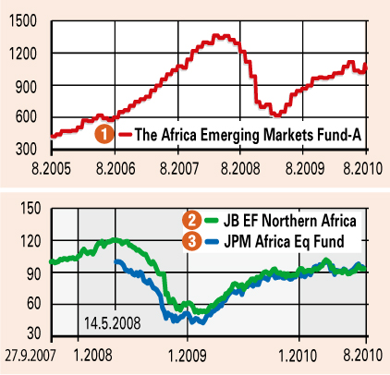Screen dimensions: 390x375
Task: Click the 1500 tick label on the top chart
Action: tap(22, 21)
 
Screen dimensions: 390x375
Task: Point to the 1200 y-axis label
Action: tap(22, 54)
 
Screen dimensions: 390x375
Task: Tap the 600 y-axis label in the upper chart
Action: tap(26, 117)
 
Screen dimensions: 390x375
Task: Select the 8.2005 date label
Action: tap(51, 169)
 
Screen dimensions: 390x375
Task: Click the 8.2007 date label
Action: tap(179, 169)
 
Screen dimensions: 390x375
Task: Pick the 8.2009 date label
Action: tap(305, 169)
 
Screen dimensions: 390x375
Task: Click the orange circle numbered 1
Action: tap(104, 134)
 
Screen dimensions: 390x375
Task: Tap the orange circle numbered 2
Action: tap(191, 221)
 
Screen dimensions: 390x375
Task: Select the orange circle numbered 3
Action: tap(191, 241)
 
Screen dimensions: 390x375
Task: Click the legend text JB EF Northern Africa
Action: tap(290, 221)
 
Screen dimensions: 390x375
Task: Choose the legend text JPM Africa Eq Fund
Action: tap(284, 241)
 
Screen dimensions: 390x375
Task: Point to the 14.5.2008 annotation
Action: tap(112, 323)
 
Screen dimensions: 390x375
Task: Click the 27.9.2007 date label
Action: tap(30, 356)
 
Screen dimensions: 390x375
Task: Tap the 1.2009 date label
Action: tap(188, 356)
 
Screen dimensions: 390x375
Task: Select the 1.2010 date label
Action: tap(298, 356)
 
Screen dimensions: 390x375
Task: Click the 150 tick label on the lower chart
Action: tap(30, 208)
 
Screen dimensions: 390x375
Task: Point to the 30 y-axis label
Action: tap(34, 333)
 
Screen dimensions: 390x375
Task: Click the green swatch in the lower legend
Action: tap(212, 221)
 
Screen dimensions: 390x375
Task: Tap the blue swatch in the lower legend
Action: tap(212, 241)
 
